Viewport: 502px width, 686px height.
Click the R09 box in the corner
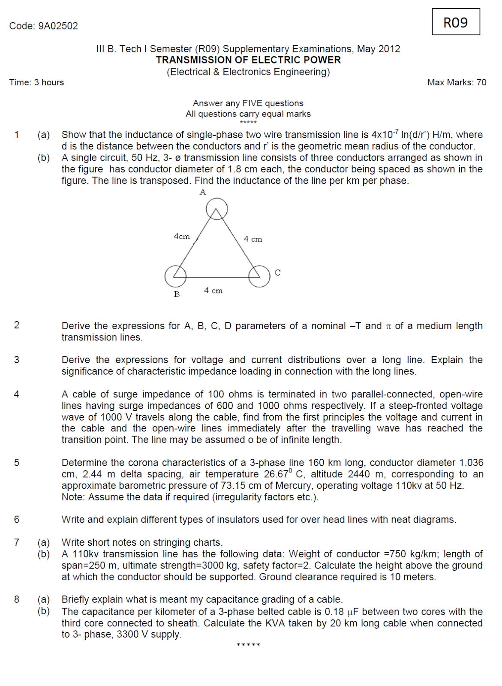(455, 22)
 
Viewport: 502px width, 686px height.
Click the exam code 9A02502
(58, 26)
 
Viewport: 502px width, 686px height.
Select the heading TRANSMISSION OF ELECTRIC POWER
(248, 60)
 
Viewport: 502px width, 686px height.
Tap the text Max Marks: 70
(457, 82)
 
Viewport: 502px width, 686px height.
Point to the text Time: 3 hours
(36, 82)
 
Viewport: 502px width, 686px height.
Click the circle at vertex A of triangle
(216, 209)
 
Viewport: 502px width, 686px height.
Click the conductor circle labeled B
(175, 276)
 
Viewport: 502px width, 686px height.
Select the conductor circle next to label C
(259, 276)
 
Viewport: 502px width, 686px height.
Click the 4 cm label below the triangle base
(213, 290)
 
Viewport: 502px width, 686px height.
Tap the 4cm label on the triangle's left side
(181, 236)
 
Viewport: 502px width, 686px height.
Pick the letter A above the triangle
(203, 192)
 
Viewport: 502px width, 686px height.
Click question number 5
(17, 463)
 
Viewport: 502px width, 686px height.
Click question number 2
(17, 325)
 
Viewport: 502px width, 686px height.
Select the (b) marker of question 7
(43, 554)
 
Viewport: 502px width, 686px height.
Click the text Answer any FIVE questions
(248, 103)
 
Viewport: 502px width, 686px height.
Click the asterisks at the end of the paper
(248, 645)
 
